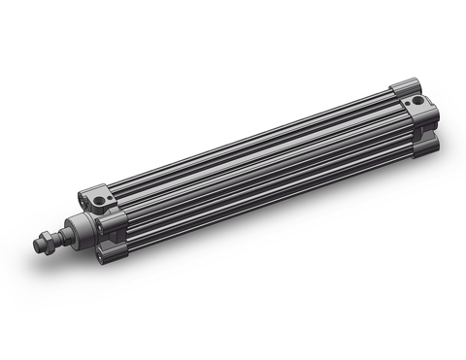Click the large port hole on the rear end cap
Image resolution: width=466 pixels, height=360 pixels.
[x=417, y=101]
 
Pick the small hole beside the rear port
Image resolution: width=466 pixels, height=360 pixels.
[x=407, y=96]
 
